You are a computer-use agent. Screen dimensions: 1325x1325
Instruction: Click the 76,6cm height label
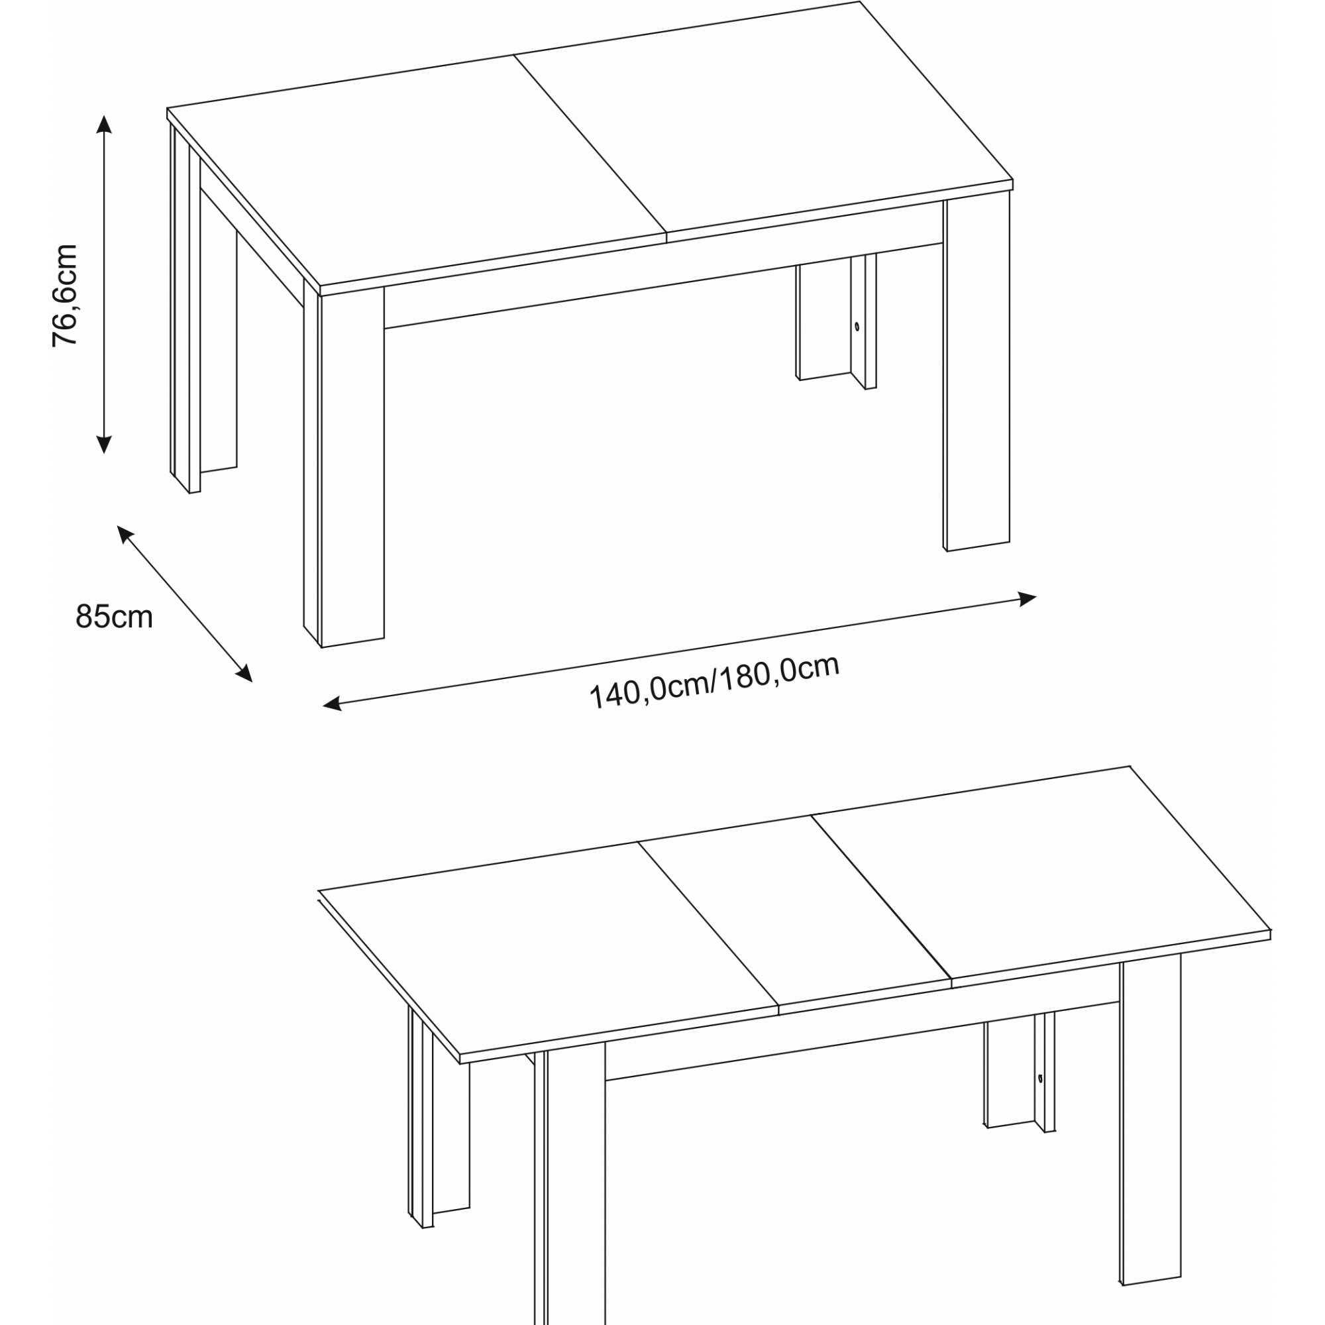pyautogui.click(x=65, y=295)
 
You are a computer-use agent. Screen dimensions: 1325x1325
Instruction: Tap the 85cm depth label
pyautogui.click(x=114, y=617)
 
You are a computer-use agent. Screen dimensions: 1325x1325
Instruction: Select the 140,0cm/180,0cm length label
pyautogui.click(x=715, y=682)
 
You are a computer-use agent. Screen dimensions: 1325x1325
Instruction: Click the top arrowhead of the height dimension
pyautogui.click(x=103, y=124)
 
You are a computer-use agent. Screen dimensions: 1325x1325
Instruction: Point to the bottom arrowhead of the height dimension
pyautogui.click(x=103, y=445)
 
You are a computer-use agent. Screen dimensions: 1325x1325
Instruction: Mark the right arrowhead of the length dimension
pyautogui.click(x=1027, y=599)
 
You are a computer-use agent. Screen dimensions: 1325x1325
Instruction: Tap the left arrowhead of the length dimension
pyautogui.click(x=332, y=704)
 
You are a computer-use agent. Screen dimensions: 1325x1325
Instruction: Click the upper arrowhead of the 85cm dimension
pyautogui.click(x=124, y=534)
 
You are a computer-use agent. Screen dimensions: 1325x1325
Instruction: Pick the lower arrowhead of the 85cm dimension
pyautogui.click(x=245, y=674)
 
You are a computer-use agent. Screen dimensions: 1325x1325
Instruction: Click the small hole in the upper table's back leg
pyautogui.click(x=857, y=327)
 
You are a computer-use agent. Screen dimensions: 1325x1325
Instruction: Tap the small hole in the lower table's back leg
pyautogui.click(x=1039, y=1079)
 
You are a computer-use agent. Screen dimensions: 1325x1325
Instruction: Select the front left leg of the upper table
pyautogui.click(x=344, y=466)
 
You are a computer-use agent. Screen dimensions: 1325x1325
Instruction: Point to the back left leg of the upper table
pyautogui.click(x=185, y=309)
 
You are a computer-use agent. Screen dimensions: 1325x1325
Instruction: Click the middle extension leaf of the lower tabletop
pyautogui.click(x=796, y=915)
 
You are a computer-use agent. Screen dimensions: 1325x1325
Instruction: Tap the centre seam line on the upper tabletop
pyautogui.click(x=590, y=143)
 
